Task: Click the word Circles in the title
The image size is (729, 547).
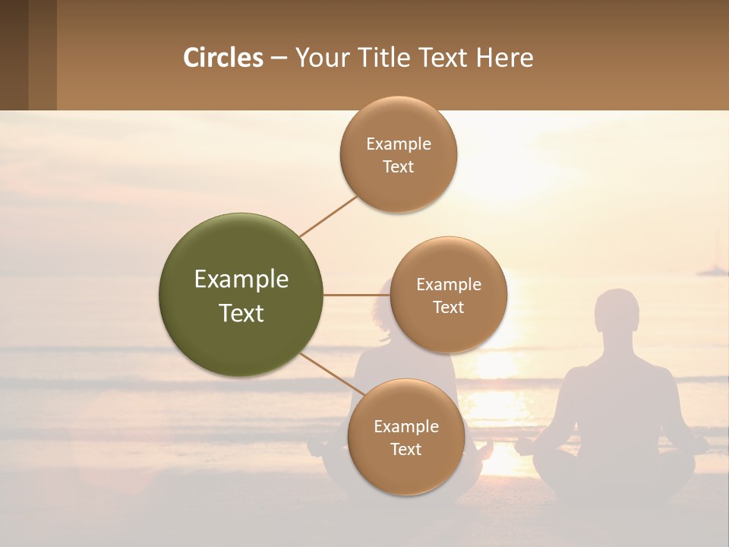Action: pos(223,58)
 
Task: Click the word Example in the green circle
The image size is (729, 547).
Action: pos(241,280)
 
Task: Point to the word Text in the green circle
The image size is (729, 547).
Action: pos(241,313)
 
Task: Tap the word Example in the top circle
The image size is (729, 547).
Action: pos(399,144)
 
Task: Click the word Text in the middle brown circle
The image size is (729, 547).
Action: pos(448,308)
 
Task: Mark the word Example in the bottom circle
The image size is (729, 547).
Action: pos(406,426)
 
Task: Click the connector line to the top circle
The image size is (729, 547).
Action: pos(328,216)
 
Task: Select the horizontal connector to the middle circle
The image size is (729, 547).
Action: pos(356,295)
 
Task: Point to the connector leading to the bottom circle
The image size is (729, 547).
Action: pos(331,375)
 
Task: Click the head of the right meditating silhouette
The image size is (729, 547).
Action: pos(616,311)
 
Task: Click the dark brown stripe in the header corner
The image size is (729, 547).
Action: pos(14,55)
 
